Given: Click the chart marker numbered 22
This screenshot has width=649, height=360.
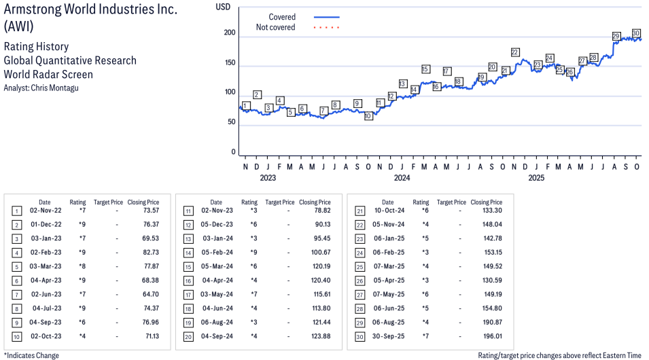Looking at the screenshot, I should coord(515,52).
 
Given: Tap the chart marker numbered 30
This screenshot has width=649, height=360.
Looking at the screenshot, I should coord(636,33).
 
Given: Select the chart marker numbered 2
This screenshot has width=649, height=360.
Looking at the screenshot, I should coord(257,94).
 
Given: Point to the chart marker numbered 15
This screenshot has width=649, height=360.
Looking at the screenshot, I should coord(425,69).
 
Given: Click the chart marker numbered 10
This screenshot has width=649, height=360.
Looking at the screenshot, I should coord(368,116).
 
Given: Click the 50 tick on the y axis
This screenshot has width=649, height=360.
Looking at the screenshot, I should coord(231,122).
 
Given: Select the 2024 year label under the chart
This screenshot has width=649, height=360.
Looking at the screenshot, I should coord(402,179).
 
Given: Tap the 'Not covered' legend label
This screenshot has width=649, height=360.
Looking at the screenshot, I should coord(275,27).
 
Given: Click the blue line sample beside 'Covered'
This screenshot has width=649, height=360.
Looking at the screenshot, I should coord(326,17).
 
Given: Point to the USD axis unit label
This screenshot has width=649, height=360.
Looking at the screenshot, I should coord(223,7).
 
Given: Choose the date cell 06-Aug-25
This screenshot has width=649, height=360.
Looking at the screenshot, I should coord(387,323).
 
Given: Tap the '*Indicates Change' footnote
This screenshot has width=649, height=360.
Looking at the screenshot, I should coord(32,355).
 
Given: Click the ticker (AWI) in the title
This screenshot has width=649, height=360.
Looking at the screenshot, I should coord(18,26).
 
